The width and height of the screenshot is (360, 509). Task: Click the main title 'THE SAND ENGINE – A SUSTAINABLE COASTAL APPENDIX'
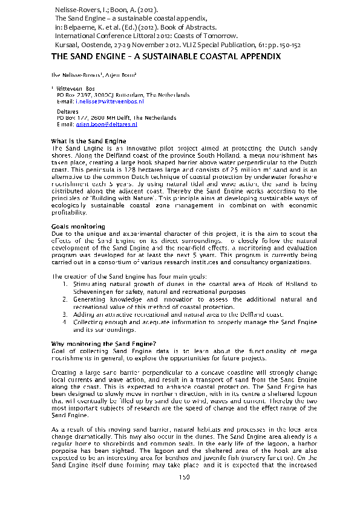165,56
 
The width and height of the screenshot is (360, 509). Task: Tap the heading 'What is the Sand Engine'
88,141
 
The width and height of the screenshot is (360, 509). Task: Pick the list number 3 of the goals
65,314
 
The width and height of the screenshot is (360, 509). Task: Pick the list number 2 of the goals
65,299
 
